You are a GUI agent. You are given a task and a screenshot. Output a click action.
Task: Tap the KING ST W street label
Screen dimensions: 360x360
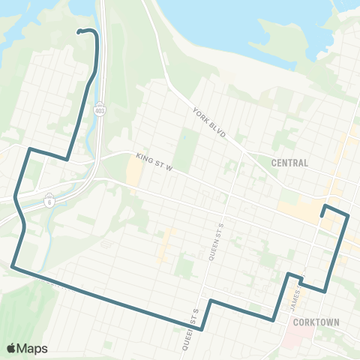tap(154, 162)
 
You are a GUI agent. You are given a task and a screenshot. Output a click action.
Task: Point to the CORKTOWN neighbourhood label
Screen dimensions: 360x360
tap(316, 322)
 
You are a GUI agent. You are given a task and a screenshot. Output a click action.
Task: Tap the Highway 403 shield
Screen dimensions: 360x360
tap(100, 110)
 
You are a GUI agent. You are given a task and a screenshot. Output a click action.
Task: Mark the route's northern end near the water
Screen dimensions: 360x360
tap(79, 31)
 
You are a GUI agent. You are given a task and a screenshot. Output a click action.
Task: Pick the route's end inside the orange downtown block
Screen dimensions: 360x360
tap(322, 216)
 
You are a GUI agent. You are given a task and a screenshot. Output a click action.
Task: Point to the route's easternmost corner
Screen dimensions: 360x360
tap(348, 215)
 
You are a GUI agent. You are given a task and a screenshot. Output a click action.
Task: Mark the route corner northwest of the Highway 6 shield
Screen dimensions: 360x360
tap(29, 150)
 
